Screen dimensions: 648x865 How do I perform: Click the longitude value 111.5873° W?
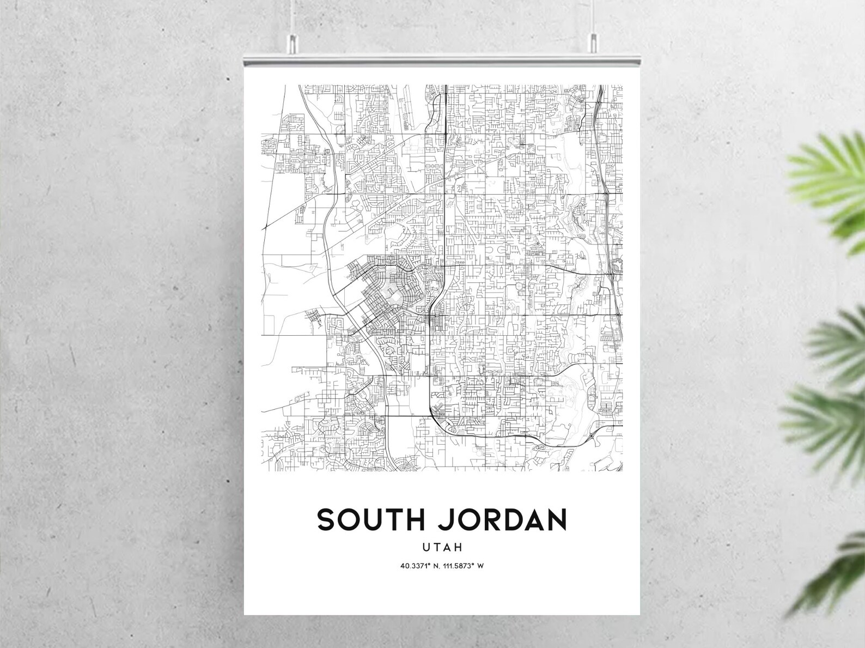pyautogui.click(x=464, y=566)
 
